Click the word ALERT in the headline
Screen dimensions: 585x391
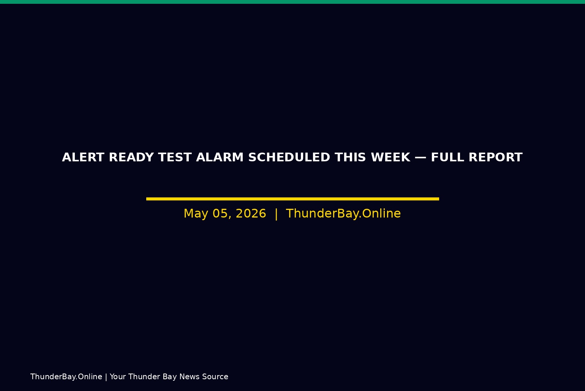(83, 158)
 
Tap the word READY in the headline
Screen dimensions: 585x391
(131, 158)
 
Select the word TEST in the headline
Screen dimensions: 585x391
(175, 158)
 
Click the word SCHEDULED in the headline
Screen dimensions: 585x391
(289, 158)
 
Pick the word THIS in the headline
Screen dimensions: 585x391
(350, 158)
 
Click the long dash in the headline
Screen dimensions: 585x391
(421, 158)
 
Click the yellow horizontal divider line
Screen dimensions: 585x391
(292, 199)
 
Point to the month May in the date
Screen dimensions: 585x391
(196, 214)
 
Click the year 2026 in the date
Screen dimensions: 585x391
(251, 213)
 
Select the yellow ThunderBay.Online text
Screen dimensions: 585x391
(343, 213)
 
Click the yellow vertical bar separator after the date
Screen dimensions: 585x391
(276, 214)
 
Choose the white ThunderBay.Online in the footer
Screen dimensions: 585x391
(66, 377)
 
